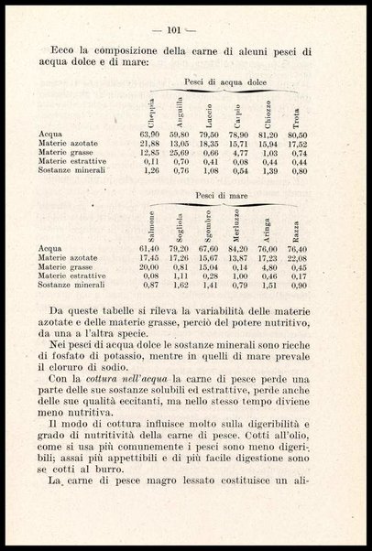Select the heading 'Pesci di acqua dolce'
click(x=223, y=81)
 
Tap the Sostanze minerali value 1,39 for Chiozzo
click(x=265, y=171)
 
